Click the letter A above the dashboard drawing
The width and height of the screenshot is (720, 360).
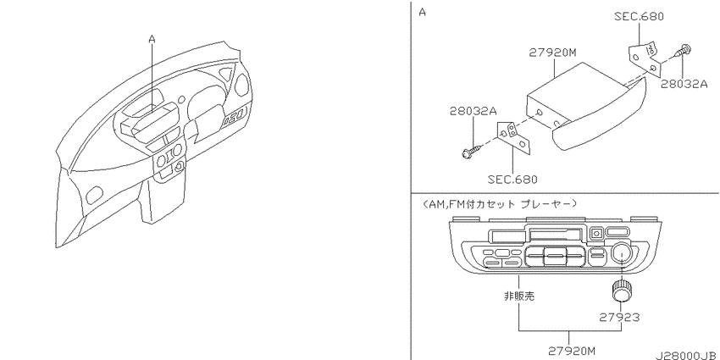pos(152,40)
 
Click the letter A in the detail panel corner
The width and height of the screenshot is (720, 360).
pos(423,13)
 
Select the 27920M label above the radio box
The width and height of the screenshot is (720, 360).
pos(552,53)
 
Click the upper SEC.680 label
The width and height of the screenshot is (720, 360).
pos(640,17)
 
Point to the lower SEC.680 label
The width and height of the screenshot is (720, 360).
pos(512,179)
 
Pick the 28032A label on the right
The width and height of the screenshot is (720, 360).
pos(684,85)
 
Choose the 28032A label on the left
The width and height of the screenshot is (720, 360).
pos(474,111)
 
